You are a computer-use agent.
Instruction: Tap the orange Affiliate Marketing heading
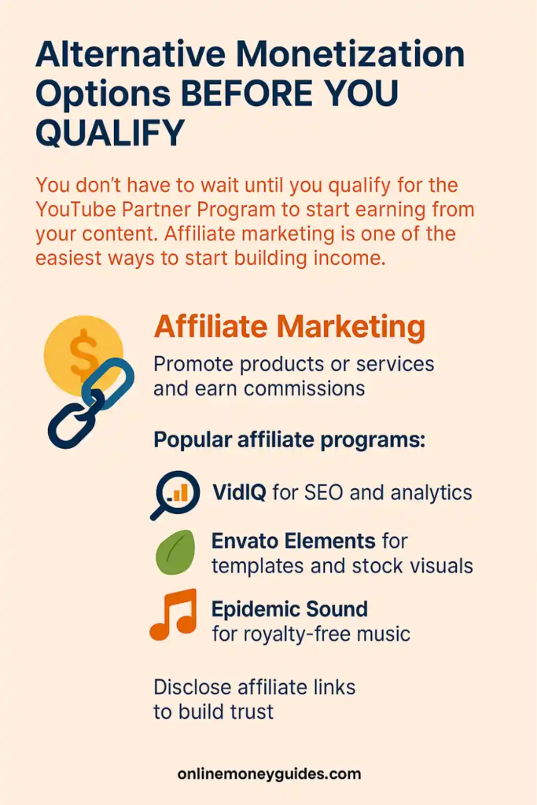[x=289, y=327]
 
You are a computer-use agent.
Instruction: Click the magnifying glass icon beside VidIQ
[x=174, y=494]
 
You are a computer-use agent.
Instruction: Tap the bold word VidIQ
[x=239, y=493]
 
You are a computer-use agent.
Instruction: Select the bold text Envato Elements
[x=293, y=542]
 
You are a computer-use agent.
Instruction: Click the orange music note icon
[x=173, y=616]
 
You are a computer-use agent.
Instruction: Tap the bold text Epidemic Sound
[x=289, y=609]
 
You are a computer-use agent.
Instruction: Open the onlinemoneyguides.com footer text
[x=269, y=774]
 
